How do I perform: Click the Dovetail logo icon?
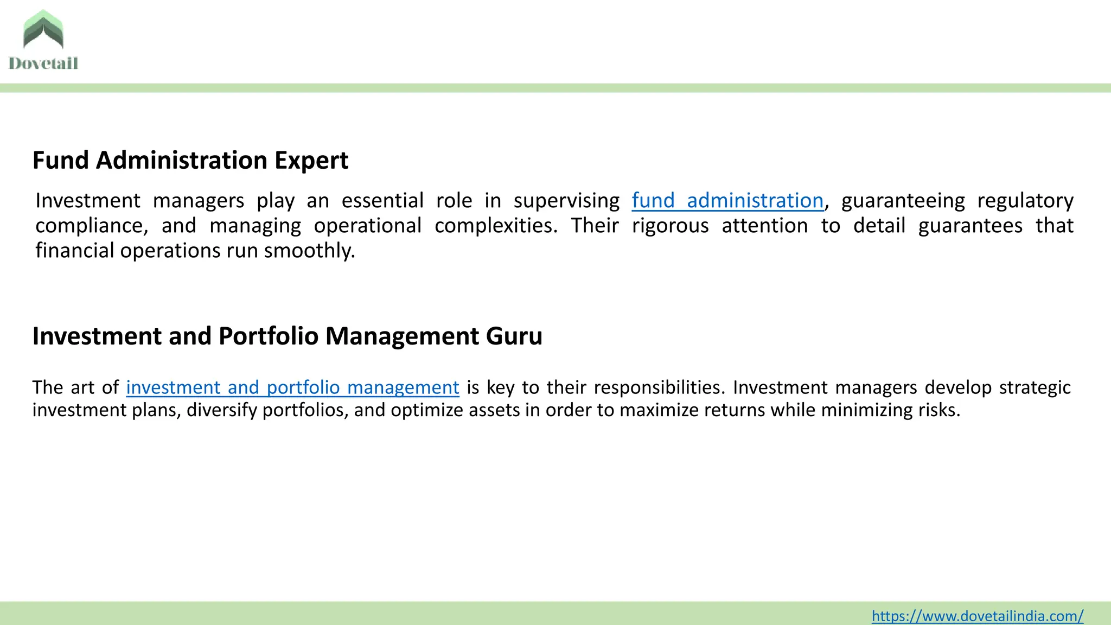43,30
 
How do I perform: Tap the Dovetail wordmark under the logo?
43,63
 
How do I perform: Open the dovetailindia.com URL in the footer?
977,616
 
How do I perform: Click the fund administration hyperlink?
727,201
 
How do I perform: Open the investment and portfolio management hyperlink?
292,387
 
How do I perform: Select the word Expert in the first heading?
311,161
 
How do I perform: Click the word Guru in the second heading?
514,336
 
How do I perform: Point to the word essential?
382,201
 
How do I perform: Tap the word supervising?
566,201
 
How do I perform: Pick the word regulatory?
1025,201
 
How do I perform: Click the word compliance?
91,226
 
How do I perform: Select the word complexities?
495,226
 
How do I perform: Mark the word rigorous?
670,226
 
